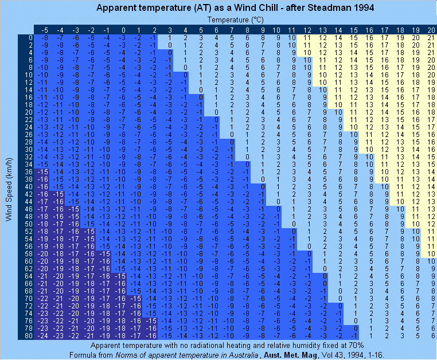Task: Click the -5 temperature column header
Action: [44, 30]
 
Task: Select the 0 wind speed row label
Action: [30, 38]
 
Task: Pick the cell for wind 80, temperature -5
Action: [44, 335]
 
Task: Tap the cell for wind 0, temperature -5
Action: [44, 38]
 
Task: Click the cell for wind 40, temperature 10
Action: [277, 186]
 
